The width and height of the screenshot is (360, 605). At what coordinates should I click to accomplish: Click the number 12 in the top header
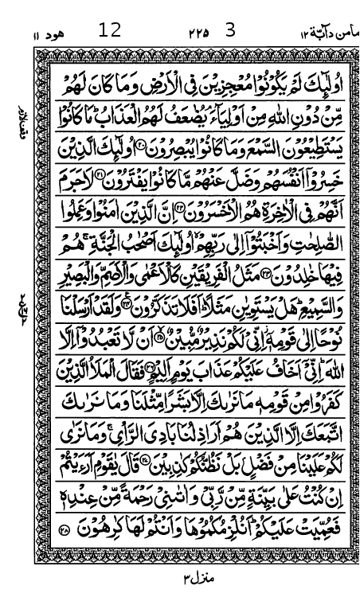pyautogui.click(x=110, y=32)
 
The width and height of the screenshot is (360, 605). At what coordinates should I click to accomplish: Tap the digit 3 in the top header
pyautogui.click(x=231, y=31)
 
